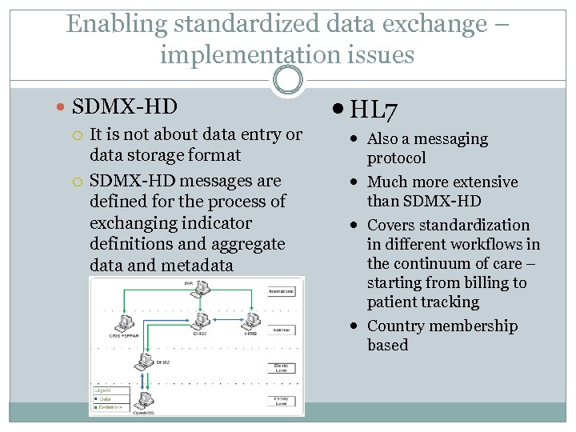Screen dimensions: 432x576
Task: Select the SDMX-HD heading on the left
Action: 124,106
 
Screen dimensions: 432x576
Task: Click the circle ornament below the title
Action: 288,81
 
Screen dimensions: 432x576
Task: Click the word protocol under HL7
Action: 396,158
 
